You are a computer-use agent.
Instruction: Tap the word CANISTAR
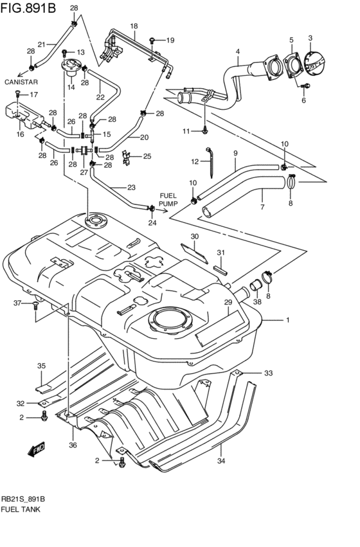coord(21,82)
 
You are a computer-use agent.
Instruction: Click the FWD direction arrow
coord(36,450)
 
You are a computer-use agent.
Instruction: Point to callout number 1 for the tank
coord(288,319)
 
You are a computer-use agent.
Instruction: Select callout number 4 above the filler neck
coord(237,51)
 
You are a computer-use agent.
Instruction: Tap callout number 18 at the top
coord(134,26)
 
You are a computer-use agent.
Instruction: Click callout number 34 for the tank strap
coord(222,461)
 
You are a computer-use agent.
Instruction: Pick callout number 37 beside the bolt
coord(18,303)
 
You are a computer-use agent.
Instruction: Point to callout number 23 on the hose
coord(131,188)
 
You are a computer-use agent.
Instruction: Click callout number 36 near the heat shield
coord(73,445)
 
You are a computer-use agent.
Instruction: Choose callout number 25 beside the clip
coord(147,156)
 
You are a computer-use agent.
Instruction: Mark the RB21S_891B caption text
coord(23,499)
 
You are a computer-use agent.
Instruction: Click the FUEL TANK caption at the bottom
coord(21,509)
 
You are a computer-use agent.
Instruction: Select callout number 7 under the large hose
coord(262,207)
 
